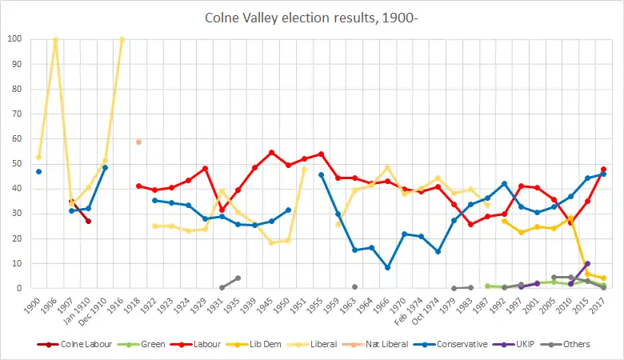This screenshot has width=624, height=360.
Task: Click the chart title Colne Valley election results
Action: pyautogui.click(x=311, y=18)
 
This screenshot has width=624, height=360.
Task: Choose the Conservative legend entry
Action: pyautogui.click(x=455, y=345)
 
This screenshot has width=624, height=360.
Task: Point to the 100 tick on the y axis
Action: pyautogui.click(x=15, y=38)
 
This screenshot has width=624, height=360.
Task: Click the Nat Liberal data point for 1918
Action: pyautogui.click(x=138, y=142)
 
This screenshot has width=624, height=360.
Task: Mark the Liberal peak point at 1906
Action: pyautogui.click(x=55, y=39)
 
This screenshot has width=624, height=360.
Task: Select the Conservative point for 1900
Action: pyautogui.click(x=38, y=171)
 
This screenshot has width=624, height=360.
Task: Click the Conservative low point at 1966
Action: pyautogui.click(x=387, y=267)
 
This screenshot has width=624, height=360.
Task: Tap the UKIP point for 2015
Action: pyautogui.click(x=587, y=263)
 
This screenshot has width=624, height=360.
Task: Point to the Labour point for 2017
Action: pyautogui.click(x=603, y=169)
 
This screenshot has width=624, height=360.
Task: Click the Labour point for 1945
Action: pyautogui.click(x=271, y=152)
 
